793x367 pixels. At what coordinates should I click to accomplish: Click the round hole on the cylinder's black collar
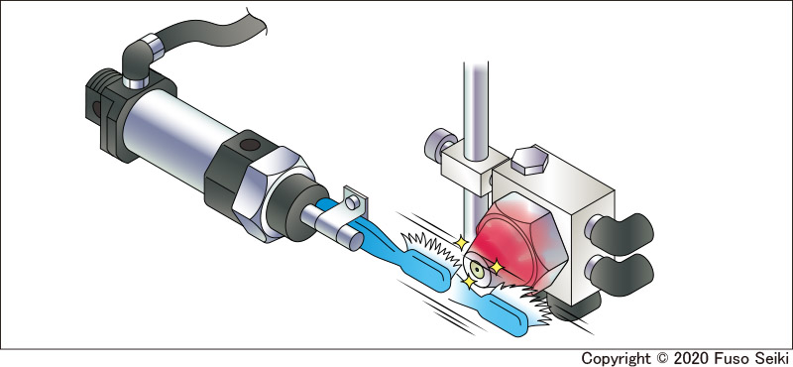(250, 145)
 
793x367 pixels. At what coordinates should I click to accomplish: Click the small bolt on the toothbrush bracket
(353, 202)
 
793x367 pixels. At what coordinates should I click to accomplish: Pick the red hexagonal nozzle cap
(521, 244)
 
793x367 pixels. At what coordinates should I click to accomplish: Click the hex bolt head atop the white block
(529, 160)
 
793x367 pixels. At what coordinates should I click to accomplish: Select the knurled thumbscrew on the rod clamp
(438, 145)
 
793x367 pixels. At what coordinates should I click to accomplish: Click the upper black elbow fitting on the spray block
(620, 234)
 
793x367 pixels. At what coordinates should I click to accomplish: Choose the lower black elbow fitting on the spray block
(620, 274)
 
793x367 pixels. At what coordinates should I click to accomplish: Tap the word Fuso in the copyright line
(729, 358)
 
